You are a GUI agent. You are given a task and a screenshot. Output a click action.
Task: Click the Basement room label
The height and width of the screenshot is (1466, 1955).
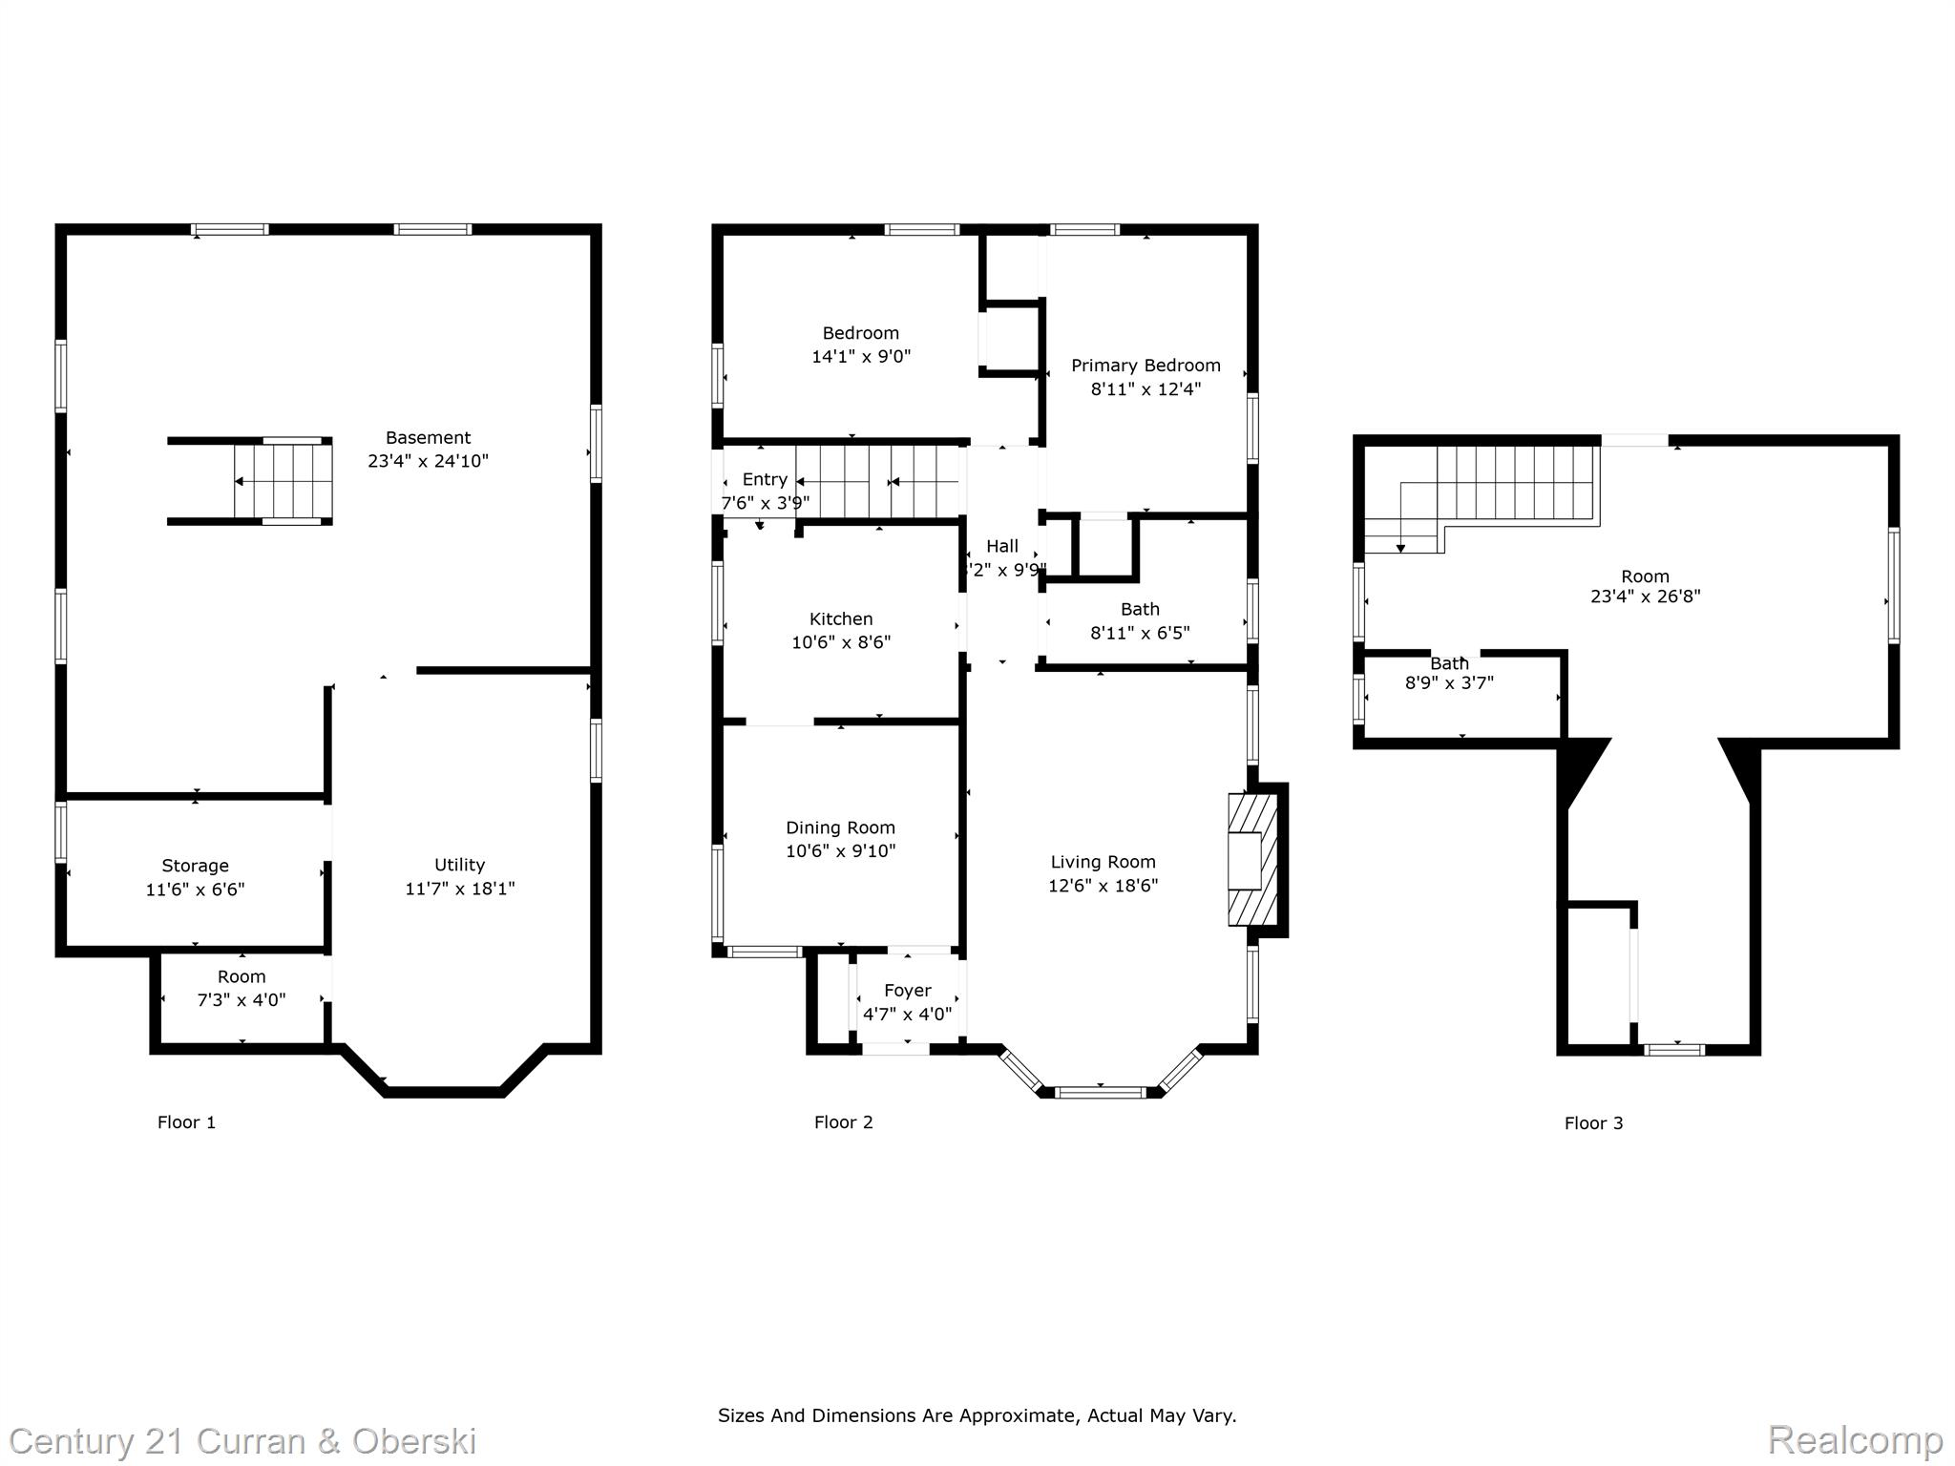click(428, 438)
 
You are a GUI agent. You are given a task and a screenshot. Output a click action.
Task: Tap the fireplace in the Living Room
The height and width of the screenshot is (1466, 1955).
click(1251, 860)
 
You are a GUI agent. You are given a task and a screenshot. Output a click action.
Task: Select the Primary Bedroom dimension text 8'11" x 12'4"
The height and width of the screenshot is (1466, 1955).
click(1146, 388)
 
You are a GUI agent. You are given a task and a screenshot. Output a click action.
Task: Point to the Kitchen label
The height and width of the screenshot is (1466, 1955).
click(841, 619)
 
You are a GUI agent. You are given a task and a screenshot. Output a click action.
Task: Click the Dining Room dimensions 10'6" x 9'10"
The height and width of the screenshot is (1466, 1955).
click(840, 851)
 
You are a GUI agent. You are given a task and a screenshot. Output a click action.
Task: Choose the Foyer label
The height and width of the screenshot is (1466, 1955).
click(907, 991)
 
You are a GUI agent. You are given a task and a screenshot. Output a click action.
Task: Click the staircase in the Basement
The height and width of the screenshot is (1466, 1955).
click(284, 481)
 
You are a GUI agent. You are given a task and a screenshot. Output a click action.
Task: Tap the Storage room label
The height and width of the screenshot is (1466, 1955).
click(195, 866)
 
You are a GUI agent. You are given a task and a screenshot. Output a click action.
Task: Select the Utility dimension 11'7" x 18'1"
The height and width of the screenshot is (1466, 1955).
click(459, 889)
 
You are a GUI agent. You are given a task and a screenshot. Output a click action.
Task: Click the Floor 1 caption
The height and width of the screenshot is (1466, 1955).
click(186, 1122)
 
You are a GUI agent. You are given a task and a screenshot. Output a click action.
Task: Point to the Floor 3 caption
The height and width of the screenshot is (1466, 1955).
click(1593, 1123)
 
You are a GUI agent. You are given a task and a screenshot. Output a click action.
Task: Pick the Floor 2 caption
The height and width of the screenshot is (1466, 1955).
click(843, 1122)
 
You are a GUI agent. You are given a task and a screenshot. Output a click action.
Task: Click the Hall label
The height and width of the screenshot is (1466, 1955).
click(1002, 546)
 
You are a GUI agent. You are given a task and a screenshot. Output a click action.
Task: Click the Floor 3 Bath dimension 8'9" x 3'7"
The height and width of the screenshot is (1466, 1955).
click(1449, 683)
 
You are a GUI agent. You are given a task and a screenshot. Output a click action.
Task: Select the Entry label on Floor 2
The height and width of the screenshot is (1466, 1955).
click(765, 479)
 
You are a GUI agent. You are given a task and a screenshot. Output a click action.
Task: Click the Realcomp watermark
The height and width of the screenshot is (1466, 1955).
click(1855, 1440)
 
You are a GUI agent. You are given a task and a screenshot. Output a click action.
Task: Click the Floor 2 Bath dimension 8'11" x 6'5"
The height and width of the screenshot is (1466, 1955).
click(1140, 633)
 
